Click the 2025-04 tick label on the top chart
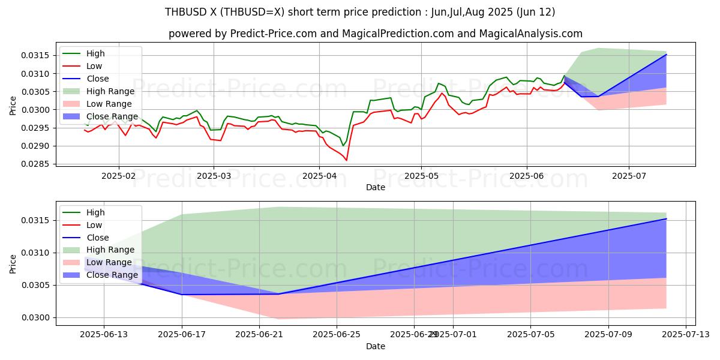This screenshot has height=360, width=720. pos(319,176)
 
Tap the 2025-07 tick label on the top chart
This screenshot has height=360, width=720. pos(629,176)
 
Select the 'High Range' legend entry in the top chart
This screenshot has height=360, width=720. pos(111,91)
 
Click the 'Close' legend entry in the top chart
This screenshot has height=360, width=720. pos(98,79)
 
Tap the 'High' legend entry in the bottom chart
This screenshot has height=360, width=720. pos(95,212)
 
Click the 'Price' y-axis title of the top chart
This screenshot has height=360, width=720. pos(13,105)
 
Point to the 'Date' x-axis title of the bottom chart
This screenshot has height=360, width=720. pos(376,346)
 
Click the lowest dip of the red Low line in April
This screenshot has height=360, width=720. pos(346,160)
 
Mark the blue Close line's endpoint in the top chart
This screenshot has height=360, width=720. pos(666,55)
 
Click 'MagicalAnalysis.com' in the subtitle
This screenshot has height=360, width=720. pos(533,34)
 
